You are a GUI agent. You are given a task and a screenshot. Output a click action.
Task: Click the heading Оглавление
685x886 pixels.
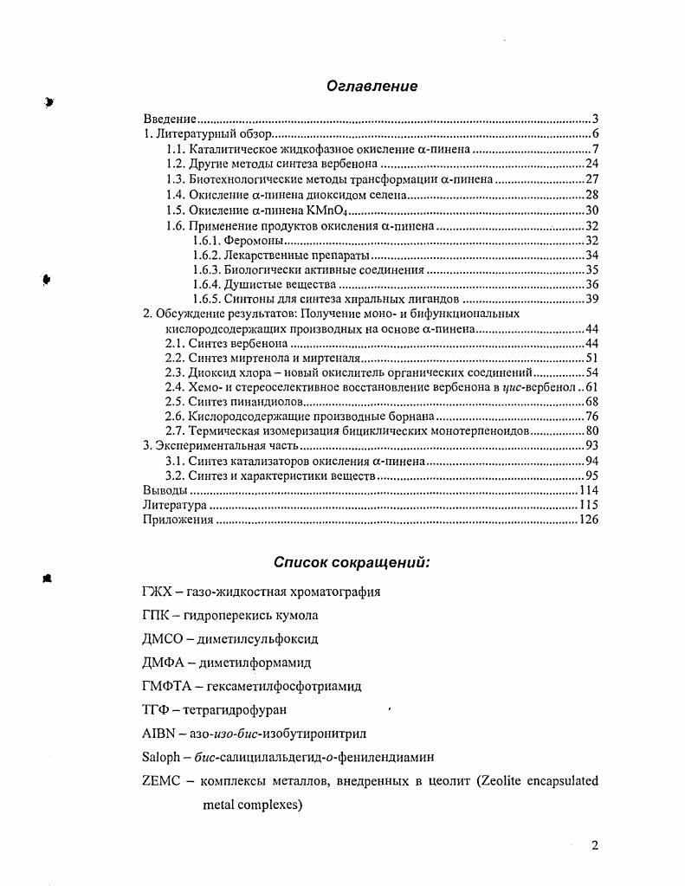pyautogui.click(x=372, y=86)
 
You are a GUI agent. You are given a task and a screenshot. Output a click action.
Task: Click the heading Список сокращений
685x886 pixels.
pyautogui.click(x=352, y=562)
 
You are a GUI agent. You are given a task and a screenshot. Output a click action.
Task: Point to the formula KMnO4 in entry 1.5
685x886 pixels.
pyautogui.click(x=332, y=210)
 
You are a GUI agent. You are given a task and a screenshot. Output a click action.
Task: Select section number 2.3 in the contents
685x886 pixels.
pyautogui.click(x=175, y=372)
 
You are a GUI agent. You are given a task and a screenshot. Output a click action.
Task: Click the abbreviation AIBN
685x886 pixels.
pyautogui.click(x=157, y=733)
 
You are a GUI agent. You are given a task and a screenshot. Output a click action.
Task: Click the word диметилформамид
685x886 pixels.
pyautogui.click(x=255, y=663)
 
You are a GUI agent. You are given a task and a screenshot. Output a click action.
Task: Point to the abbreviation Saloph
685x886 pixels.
pyautogui.click(x=160, y=757)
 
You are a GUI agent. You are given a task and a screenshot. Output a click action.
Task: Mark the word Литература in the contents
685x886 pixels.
pyautogui.click(x=174, y=505)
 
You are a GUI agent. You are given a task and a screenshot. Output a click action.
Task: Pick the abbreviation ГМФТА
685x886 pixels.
pyautogui.click(x=163, y=686)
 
